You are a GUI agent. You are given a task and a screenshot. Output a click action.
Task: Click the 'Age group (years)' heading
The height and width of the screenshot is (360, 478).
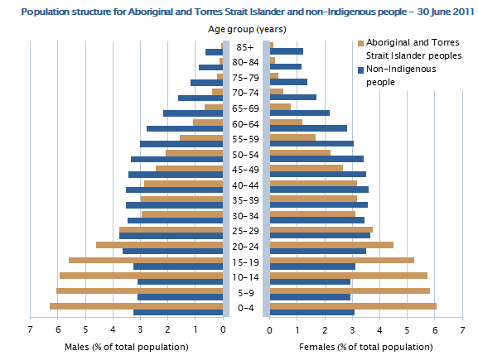pos(246,30)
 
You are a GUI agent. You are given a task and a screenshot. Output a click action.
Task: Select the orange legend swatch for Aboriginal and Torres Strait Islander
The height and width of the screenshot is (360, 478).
pos(360,43)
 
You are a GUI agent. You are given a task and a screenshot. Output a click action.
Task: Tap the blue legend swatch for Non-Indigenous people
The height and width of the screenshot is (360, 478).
pos(360,70)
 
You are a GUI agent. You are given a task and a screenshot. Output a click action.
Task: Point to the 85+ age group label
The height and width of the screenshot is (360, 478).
pos(246,48)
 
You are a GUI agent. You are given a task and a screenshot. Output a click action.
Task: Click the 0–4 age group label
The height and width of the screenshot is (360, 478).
pos(246,308)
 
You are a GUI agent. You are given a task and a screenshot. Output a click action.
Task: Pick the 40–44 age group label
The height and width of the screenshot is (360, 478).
pos(246,185)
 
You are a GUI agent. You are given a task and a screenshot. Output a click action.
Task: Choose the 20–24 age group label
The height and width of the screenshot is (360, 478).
pos(246,246)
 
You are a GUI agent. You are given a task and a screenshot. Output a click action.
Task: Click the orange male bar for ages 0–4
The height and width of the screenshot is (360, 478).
pos(137,306)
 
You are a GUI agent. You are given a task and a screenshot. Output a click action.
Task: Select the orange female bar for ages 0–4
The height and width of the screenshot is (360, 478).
pos(353,306)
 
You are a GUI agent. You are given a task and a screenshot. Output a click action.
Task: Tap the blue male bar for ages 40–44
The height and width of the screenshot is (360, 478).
pos(175,190)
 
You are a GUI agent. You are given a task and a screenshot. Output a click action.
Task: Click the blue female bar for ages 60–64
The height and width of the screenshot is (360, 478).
pos(308,128)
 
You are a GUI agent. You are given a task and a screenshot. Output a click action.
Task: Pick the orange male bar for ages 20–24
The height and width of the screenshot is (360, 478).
pos(160,245)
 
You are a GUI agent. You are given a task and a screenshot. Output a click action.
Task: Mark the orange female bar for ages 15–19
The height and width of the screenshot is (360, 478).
pos(342,260)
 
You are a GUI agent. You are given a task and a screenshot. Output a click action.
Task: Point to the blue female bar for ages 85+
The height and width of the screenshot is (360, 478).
pos(286,51)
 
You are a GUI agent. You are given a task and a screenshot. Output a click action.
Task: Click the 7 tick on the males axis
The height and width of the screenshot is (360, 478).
pos(31,329)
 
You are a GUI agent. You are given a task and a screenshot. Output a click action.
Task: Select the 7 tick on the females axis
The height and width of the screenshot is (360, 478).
pos(462,329)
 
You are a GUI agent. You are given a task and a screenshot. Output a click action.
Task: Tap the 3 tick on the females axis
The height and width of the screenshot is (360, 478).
pos(352,329)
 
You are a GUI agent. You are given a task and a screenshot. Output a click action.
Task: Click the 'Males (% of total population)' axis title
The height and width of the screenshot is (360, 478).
pos(117,347)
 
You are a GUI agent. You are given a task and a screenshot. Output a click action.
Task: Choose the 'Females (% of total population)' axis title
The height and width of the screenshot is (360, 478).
pos(355,347)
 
